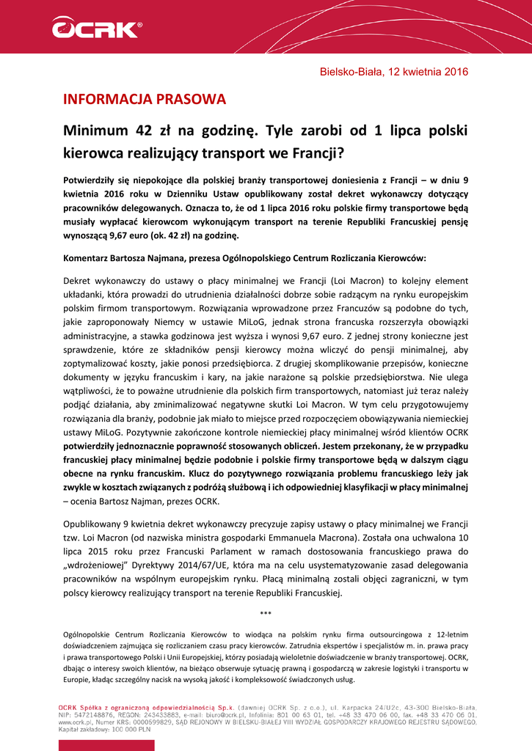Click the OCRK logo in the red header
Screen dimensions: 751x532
(95, 29)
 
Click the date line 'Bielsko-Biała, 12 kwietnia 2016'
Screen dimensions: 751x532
(394, 72)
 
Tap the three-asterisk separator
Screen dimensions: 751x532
(266, 613)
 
